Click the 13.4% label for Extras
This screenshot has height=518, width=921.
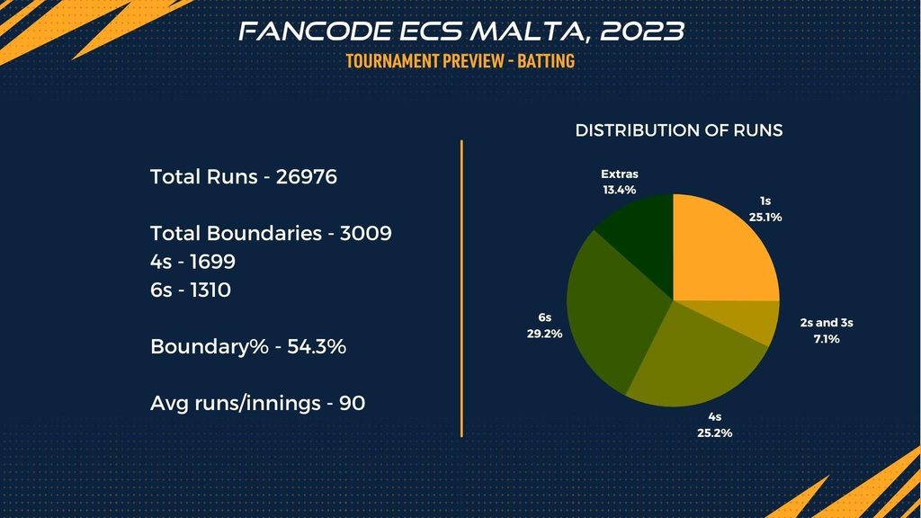pyautogui.click(x=619, y=190)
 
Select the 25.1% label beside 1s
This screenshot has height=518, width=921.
pyautogui.click(x=765, y=217)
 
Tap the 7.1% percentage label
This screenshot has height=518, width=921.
pyautogui.click(x=827, y=339)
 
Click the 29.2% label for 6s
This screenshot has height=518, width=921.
pyautogui.click(x=544, y=334)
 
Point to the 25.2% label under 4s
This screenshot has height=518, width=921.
pyautogui.click(x=715, y=433)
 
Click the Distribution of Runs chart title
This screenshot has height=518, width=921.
pyautogui.click(x=679, y=130)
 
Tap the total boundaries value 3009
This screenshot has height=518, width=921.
pyautogui.click(x=366, y=233)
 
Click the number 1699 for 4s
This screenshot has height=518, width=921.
pyautogui.click(x=212, y=262)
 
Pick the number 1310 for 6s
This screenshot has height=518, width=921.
pyautogui.click(x=210, y=290)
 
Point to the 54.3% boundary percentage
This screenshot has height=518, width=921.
pyautogui.click(x=317, y=346)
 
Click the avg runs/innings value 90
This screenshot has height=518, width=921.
pyautogui.click(x=353, y=403)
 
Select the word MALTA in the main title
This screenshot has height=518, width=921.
pyautogui.click(x=531, y=31)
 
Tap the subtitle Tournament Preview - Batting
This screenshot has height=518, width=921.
pyautogui.click(x=460, y=60)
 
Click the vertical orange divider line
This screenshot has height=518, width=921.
pyautogui.click(x=461, y=289)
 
